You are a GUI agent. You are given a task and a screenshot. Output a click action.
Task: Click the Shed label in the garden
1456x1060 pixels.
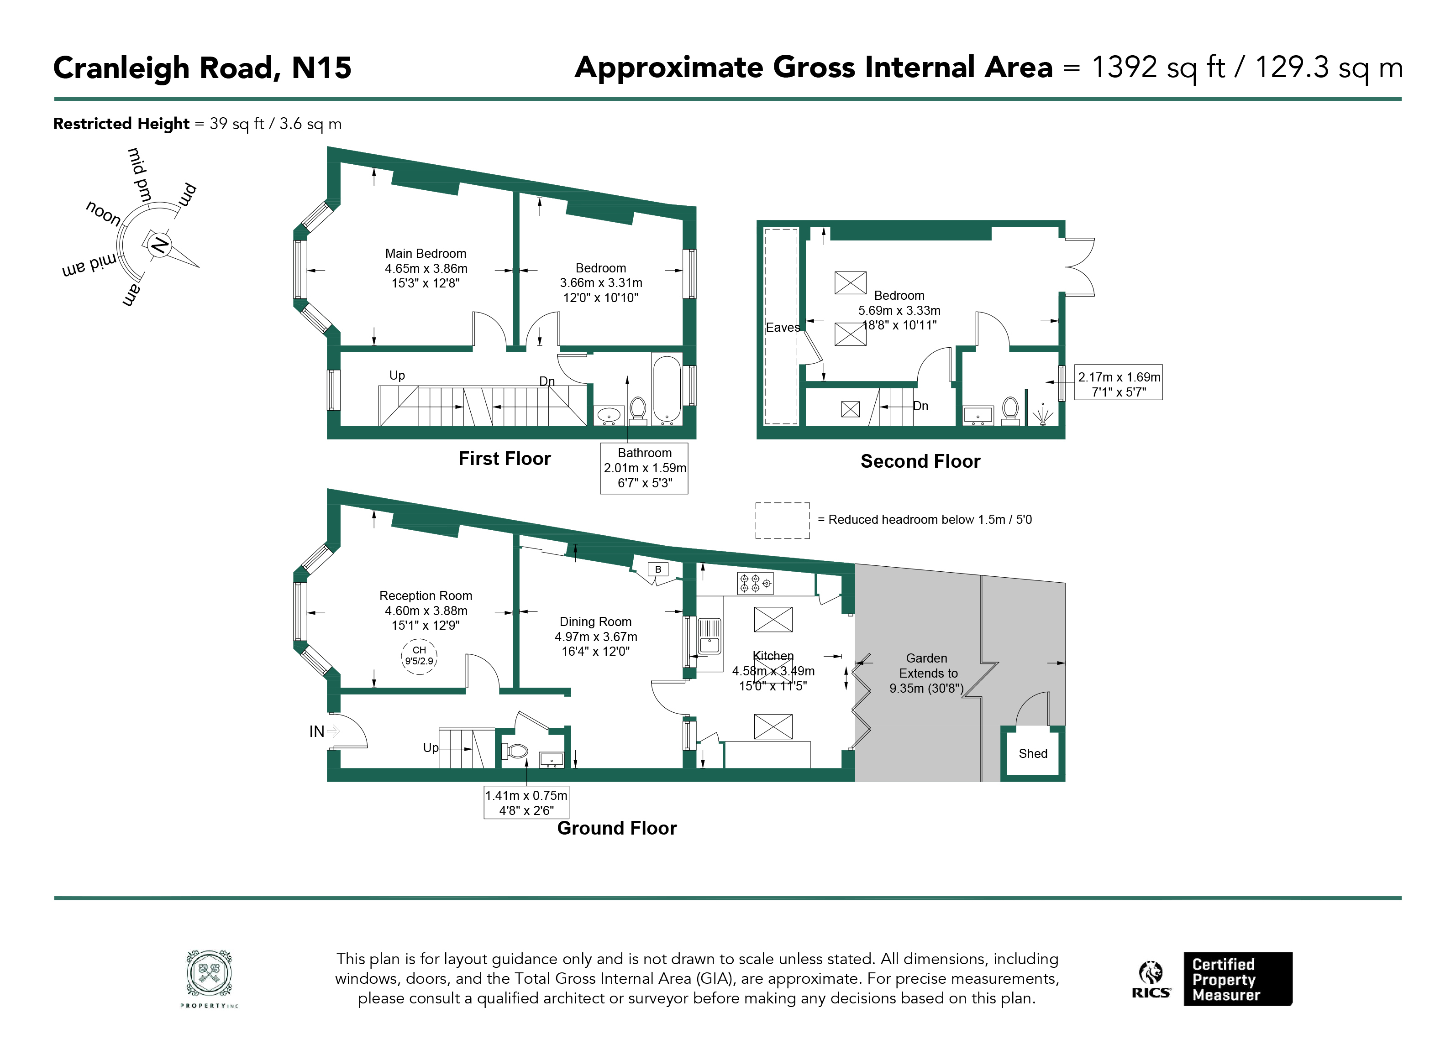click(x=1032, y=753)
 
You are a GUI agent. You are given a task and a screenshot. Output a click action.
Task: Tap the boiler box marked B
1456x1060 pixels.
click(x=658, y=569)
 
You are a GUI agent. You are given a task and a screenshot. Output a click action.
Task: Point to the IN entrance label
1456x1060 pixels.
click(x=316, y=731)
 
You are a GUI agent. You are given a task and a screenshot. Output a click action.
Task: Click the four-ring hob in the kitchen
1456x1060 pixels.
click(x=755, y=583)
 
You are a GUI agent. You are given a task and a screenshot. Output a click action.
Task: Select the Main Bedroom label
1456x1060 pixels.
click(x=426, y=253)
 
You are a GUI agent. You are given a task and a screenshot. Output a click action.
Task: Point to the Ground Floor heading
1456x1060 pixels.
click(x=616, y=828)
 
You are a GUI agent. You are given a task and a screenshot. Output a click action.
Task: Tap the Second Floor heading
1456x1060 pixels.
click(x=920, y=461)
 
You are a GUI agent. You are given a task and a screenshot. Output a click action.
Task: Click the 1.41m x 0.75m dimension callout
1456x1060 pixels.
click(x=526, y=803)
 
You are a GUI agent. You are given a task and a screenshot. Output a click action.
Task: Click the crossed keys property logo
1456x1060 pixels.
click(x=209, y=974)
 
